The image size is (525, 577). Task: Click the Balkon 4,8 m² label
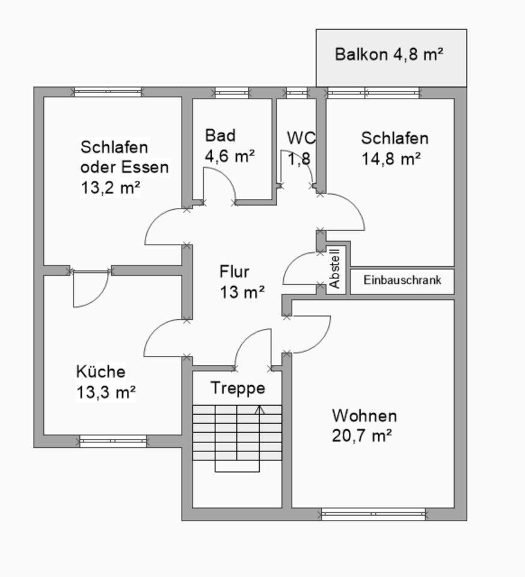pyautogui.click(x=390, y=55)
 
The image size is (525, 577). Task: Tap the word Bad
pyautogui.click(x=220, y=135)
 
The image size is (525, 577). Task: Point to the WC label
pyautogui.click(x=301, y=138)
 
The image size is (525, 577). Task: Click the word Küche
pyautogui.click(x=100, y=371)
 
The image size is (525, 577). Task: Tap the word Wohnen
pyautogui.click(x=364, y=416)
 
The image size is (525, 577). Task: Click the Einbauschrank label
pyautogui.click(x=402, y=281)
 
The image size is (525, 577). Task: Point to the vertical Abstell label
pyautogui.click(x=336, y=268)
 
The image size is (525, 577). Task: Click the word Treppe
pyautogui.click(x=238, y=388)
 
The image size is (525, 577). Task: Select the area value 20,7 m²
pyautogui.click(x=362, y=436)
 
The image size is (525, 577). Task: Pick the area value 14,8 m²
pyautogui.click(x=391, y=159)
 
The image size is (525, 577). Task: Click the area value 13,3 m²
pyautogui.click(x=106, y=393)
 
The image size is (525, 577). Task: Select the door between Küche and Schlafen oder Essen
pyautogui.click(x=90, y=288)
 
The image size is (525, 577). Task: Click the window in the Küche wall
pyautogui.click(x=112, y=442)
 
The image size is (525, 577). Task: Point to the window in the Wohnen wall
pyautogui.click(x=373, y=514)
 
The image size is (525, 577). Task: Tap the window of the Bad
pyautogui.click(x=232, y=93)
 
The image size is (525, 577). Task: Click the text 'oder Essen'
pyautogui.click(x=124, y=167)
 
